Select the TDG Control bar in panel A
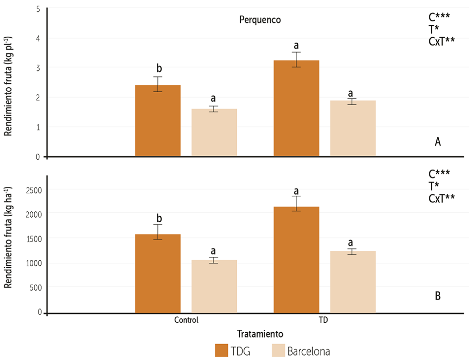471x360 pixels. [158, 121]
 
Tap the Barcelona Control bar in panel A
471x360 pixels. [214, 132]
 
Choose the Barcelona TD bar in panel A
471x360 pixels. [352, 128]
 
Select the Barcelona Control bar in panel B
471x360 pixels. [214, 286]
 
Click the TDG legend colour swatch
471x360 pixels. [221, 351]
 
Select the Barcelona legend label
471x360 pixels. [308, 351]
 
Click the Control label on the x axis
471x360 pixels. [186, 320]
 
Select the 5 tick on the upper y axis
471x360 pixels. [38, 9]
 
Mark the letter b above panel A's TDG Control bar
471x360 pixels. [159, 68]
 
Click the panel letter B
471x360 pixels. [438, 296]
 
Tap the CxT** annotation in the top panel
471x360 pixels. [442, 42]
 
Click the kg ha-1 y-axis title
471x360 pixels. [8, 238]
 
